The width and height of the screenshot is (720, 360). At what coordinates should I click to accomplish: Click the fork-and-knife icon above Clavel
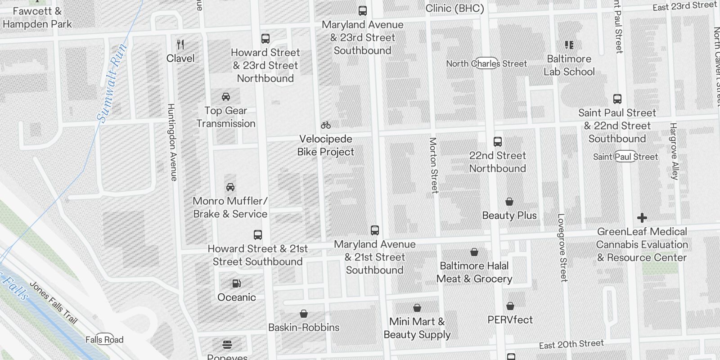pos(180,45)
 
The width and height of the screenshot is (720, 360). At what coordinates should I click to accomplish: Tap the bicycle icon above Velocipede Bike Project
pos(326,125)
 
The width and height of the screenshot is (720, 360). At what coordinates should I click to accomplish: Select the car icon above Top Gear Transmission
pos(226,97)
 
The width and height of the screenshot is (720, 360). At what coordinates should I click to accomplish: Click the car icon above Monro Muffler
pos(230,187)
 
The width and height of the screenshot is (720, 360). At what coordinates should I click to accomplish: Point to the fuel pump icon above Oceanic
pos(236,283)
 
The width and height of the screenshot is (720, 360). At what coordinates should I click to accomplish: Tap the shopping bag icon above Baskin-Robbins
pos(304,314)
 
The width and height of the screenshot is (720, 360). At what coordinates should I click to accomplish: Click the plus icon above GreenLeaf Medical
pos(642,218)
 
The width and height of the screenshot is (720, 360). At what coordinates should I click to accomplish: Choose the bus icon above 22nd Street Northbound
pos(498,142)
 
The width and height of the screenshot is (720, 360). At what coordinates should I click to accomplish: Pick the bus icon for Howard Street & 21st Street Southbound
pos(258,235)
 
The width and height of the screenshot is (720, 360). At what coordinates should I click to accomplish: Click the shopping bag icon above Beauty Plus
pos(509,202)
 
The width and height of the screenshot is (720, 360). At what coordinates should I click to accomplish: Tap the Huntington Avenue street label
pos(172,142)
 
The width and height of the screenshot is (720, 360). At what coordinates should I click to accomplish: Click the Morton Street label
pos(433,165)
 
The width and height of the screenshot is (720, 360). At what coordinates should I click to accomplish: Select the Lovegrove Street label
pos(562,247)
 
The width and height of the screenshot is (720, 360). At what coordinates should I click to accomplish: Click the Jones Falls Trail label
pos(53,302)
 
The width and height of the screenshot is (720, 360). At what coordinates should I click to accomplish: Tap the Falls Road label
pos(104,340)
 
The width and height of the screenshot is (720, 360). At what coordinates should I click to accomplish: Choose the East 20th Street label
pos(571,344)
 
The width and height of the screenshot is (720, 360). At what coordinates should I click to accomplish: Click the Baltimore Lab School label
pos(569,65)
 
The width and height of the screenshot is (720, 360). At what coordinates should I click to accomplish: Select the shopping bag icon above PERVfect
pos(510,306)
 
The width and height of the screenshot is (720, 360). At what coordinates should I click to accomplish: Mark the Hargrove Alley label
pos(674,151)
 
